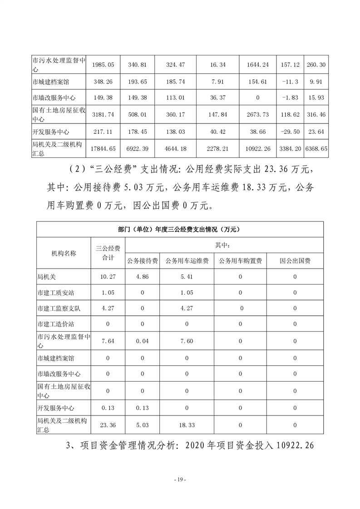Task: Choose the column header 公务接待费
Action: (143, 261)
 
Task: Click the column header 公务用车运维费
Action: (187, 261)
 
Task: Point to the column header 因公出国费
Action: (295, 261)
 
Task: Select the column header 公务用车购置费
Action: (240, 261)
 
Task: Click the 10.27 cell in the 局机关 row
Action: (108, 277)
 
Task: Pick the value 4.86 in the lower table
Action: (143, 277)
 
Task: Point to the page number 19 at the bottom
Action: (180, 480)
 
